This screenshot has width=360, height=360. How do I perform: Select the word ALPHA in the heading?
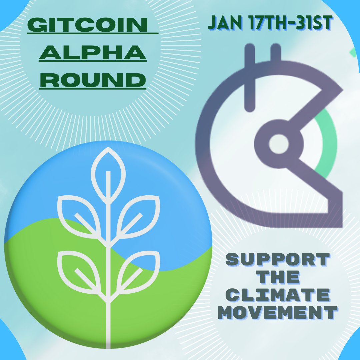[93, 53]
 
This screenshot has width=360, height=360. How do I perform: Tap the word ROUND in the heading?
[93, 80]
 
